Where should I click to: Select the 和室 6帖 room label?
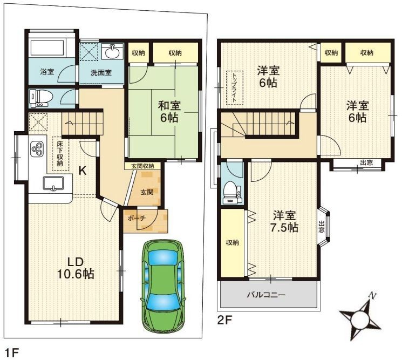tap(169, 112)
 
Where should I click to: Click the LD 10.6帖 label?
tap(75, 268)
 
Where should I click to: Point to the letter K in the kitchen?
tap(82, 171)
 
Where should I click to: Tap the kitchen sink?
tap(53, 184)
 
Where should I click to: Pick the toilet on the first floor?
tap(41, 98)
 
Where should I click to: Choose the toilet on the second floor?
tap(232, 192)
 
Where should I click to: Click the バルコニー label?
tap(266, 295)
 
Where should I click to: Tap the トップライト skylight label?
tap(234, 87)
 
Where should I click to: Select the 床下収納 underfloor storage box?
tap(60, 154)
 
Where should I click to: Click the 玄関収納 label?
tap(142, 166)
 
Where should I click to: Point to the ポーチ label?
tap(137, 218)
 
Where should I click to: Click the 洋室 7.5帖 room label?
tap(284, 221)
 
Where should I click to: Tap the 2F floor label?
tap(224, 320)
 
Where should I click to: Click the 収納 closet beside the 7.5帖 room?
tap(233, 243)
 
